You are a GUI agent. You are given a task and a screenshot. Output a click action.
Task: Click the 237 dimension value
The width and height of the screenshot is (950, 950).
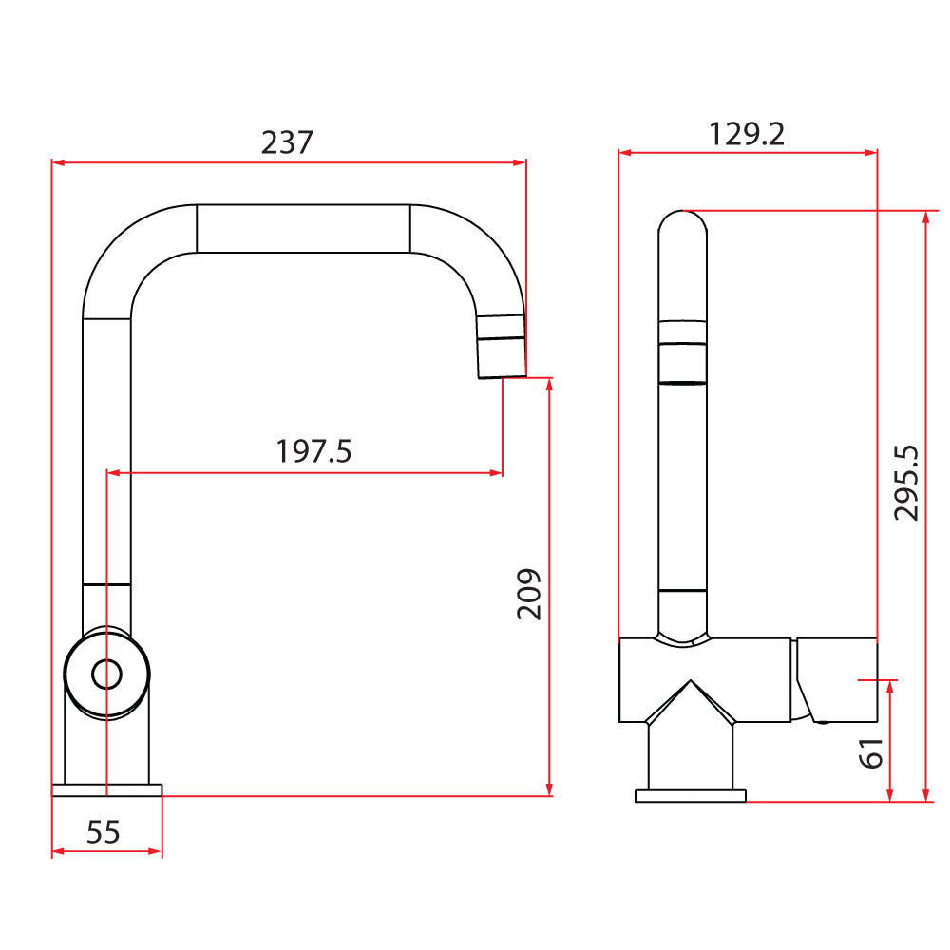click(287, 142)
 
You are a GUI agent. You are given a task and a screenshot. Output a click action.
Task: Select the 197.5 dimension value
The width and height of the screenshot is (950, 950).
click(313, 450)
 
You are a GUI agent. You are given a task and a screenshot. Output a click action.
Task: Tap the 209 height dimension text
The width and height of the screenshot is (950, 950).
click(529, 595)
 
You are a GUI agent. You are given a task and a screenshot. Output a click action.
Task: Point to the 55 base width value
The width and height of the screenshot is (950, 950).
click(104, 832)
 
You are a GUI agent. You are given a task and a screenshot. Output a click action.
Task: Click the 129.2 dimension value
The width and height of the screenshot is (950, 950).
click(747, 134)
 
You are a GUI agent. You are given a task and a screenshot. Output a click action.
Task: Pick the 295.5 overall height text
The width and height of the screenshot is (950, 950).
click(907, 482)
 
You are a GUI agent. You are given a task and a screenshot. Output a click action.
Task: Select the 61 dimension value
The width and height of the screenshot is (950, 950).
click(871, 752)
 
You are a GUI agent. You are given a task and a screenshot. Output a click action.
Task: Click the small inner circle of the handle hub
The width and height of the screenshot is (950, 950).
click(106, 674)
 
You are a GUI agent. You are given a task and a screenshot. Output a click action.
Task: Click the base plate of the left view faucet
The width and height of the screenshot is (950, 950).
click(107, 789)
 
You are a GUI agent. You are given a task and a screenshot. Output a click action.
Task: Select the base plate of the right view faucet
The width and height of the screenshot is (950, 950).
click(691, 796)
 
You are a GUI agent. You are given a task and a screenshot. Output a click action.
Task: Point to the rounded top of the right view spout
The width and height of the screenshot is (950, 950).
click(683, 220)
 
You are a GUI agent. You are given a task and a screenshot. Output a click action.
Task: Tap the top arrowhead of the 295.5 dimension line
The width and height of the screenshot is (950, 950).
click(925, 216)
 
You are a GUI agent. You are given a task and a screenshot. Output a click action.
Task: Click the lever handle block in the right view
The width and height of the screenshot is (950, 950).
click(837, 679)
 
